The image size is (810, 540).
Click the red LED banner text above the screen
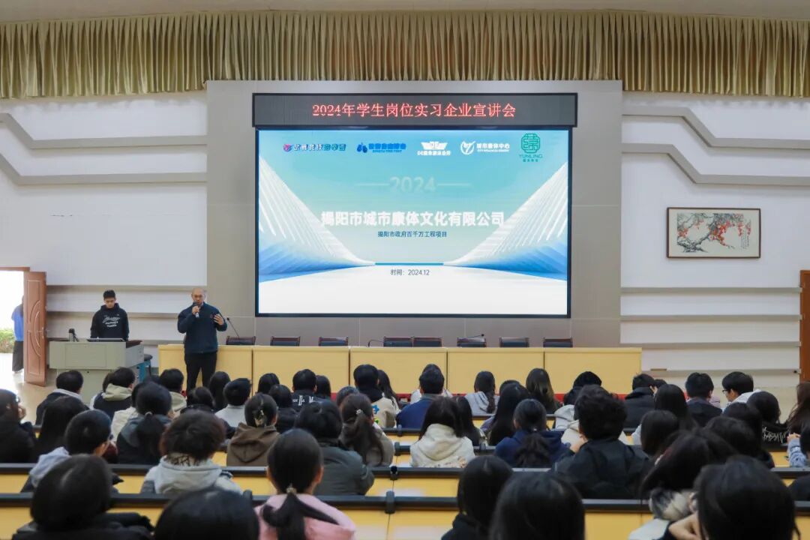(414, 110)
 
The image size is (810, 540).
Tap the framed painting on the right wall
(713, 232)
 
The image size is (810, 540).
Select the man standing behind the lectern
(109, 316)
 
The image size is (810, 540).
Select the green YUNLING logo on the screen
(530, 146)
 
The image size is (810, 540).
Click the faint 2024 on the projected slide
(412, 184)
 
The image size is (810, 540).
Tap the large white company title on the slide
(412, 219)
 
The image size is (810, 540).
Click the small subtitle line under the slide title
(412, 234)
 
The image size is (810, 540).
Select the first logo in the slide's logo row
(314, 147)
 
